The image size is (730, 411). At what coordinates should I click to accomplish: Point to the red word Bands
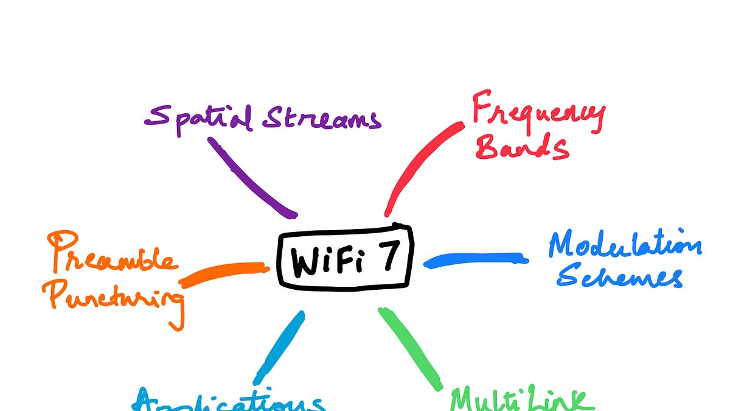point(522,146)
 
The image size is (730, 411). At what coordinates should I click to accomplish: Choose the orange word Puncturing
point(116,300)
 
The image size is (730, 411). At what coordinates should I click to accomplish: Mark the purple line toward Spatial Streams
point(251,177)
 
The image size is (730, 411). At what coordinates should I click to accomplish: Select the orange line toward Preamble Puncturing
point(224,274)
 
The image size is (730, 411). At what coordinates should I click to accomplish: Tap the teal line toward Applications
point(279,346)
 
